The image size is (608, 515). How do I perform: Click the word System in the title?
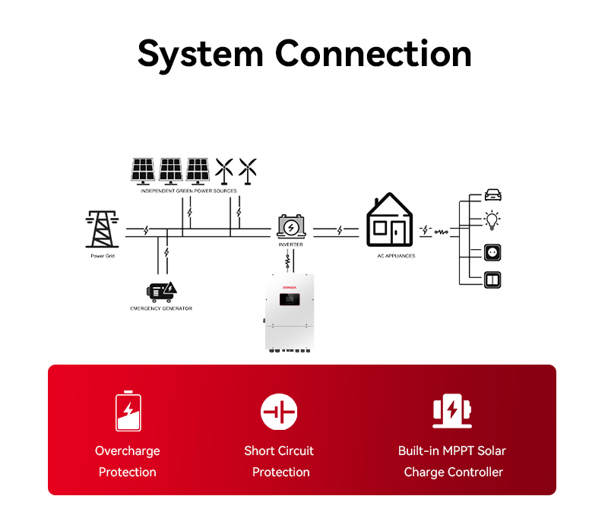point(200,54)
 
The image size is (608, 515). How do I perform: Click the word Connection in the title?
point(373,54)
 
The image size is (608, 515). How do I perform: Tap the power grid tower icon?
point(102,229)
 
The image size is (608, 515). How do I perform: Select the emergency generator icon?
point(162,291)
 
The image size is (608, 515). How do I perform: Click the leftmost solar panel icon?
point(143,170)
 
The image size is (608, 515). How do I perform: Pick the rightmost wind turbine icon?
point(247,170)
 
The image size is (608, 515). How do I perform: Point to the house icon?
point(390,221)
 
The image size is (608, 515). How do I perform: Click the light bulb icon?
point(493,221)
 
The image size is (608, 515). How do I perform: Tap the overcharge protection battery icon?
point(128,411)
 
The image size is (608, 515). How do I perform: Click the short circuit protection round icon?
point(279,412)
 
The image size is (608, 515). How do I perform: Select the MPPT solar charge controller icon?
point(452,411)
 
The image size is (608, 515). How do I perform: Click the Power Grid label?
point(102,257)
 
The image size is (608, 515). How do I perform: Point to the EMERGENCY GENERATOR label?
point(161,308)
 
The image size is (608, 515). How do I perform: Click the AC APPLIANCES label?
point(396,256)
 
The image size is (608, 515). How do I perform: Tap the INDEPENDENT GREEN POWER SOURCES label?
point(188,191)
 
